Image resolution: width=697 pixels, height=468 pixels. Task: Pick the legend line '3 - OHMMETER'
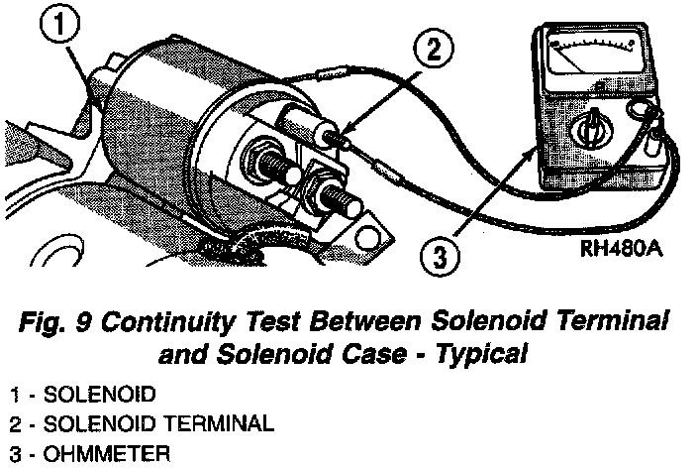(x=73, y=455)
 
